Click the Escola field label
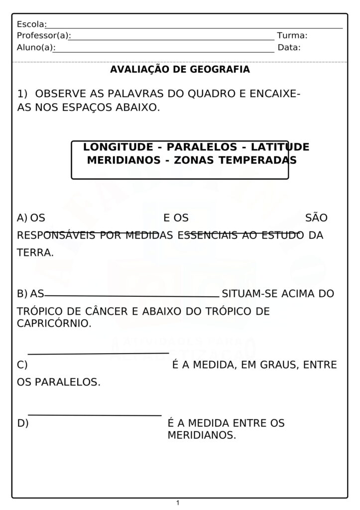(x=31, y=24)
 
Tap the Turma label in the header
(x=292, y=36)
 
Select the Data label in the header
(x=289, y=48)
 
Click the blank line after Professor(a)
(x=172, y=39)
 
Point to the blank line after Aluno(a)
(x=165, y=51)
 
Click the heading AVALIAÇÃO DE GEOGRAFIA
(x=180, y=70)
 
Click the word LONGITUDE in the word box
(x=118, y=147)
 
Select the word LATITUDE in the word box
(x=280, y=147)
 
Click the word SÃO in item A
(x=316, y=218)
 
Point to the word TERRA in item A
(x=35, y=253)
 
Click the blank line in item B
(x=132, y=296)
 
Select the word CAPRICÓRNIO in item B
(x=54, y=323)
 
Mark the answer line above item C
(x=99, y=354)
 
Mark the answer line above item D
(x=95, y=415)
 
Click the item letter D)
(x=23, y=423)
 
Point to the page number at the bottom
(x=178, y=503)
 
